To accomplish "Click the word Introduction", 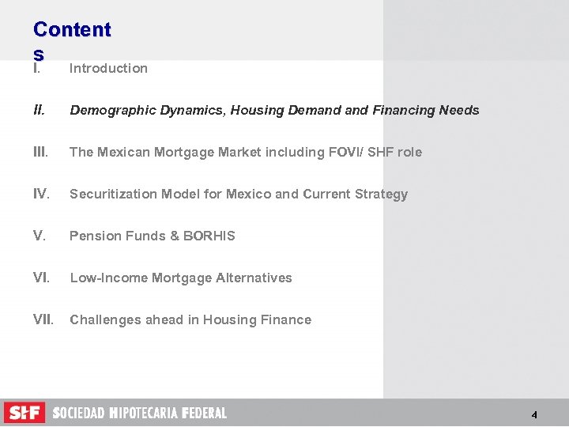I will pos(108,68).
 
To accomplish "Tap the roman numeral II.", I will pos(39,110).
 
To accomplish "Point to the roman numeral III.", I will pos(41,152).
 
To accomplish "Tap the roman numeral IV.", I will pos(41,194).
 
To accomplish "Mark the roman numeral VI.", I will pos(41,278).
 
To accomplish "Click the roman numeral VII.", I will pos(43,319).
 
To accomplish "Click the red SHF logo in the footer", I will pos(24,413).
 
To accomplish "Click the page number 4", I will pos(534,415).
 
